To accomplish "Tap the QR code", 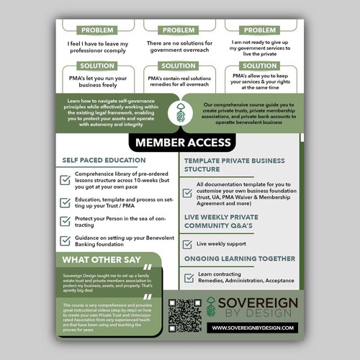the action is point(183,315).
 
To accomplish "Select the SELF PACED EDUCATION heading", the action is point(104,161).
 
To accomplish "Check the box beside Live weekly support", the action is point(189,244).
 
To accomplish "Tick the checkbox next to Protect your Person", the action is point(66,221).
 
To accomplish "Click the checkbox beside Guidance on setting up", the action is point(66,241).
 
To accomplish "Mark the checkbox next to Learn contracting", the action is point(189,277).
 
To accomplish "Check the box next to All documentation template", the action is point(189,189).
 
